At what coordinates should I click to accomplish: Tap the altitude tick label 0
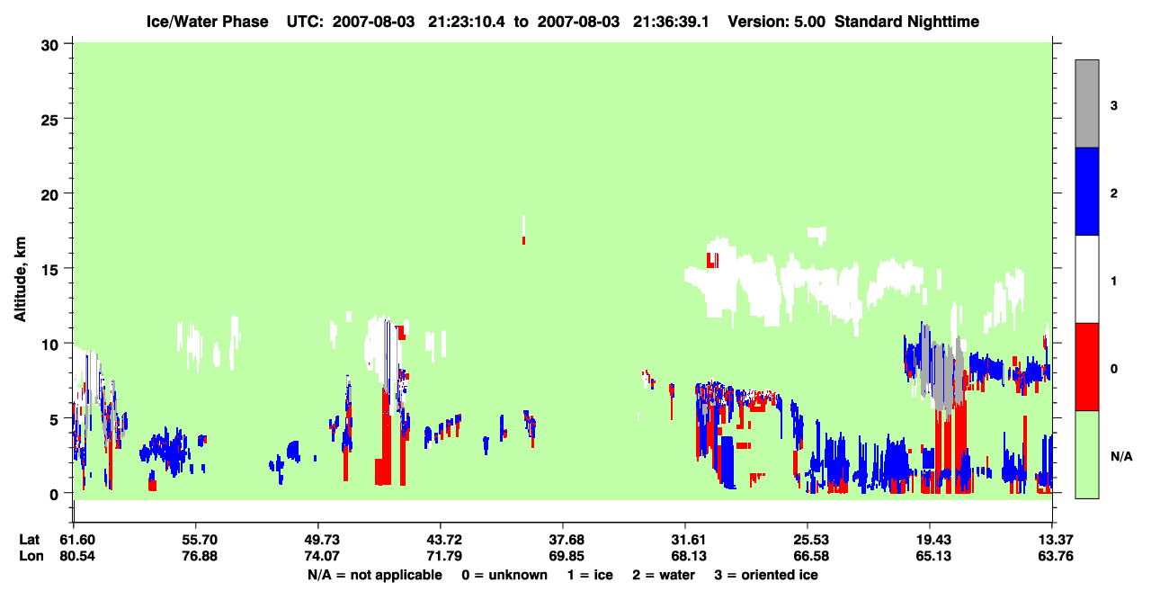click(54, 495)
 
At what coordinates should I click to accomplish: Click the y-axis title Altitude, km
click(20, 279)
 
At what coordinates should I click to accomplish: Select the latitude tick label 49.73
click(322, 540)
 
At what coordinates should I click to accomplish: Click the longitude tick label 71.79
click(444, 556)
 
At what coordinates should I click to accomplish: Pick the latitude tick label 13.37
click(1055, 540)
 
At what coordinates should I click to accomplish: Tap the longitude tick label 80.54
click(77, 556)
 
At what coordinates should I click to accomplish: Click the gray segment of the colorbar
click(1086, 103)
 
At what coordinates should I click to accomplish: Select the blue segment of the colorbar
click(1086, 191)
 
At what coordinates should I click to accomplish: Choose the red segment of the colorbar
click(1086, 367)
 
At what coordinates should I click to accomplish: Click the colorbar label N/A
click(1121, 457)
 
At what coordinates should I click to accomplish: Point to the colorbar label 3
click(1113, 106)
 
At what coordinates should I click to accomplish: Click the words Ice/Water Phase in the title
click(207, 22)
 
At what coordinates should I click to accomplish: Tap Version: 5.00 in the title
click(777, 22)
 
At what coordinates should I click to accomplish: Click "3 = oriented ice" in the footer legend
click(766, 576)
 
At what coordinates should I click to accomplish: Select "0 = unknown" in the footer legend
click(504, 576)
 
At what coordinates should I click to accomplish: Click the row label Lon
click(31, 556)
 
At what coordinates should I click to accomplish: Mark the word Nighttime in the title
click(943, 22)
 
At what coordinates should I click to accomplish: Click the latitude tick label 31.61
click(689, 540)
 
